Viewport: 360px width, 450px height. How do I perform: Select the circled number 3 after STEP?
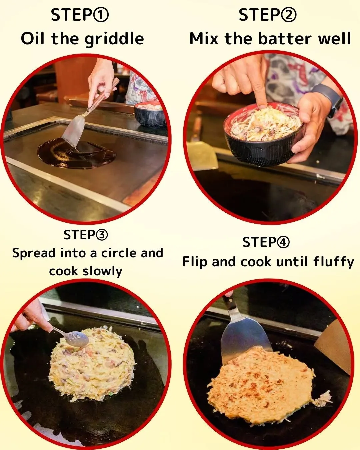coord(101,235)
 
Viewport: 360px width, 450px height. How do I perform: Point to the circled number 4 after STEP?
coord(283,242)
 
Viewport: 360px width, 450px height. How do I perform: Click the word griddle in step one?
coord(114,39)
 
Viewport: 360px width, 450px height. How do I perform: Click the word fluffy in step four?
coord(333,262)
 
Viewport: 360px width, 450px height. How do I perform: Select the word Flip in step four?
coord(195,262)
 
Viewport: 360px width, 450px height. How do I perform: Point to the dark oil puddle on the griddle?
coord(77,155)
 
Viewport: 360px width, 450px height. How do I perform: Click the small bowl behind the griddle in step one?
coord(150,115)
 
